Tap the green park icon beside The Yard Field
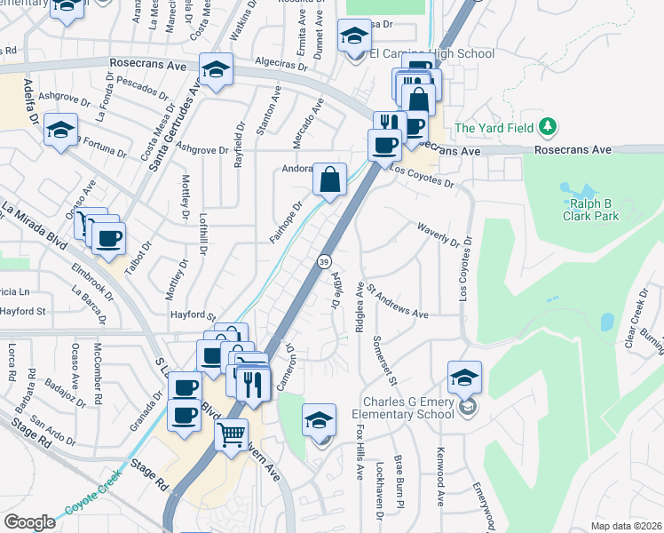pyautogui.click(x=549, y=127)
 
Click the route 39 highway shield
pyautogui.click(x=324, y=262)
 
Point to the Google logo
pyautogui.click(x=29, y=521)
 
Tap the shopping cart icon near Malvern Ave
pyautogui.click(x=232, y=435)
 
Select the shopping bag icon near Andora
pyautogui.click(x=329, y=179)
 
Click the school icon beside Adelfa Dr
pyautogui.click(x=60, y=131)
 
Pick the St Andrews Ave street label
pyautogui.click(x=398, y=301)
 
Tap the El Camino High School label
pyautogui.click(x=441, y=54)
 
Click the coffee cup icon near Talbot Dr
pyautogui.click(x=108, y=238)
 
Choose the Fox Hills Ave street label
pyautogui.click(x=360, y=453)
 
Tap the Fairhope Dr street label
pyautogui.click(x=287, y=222)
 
